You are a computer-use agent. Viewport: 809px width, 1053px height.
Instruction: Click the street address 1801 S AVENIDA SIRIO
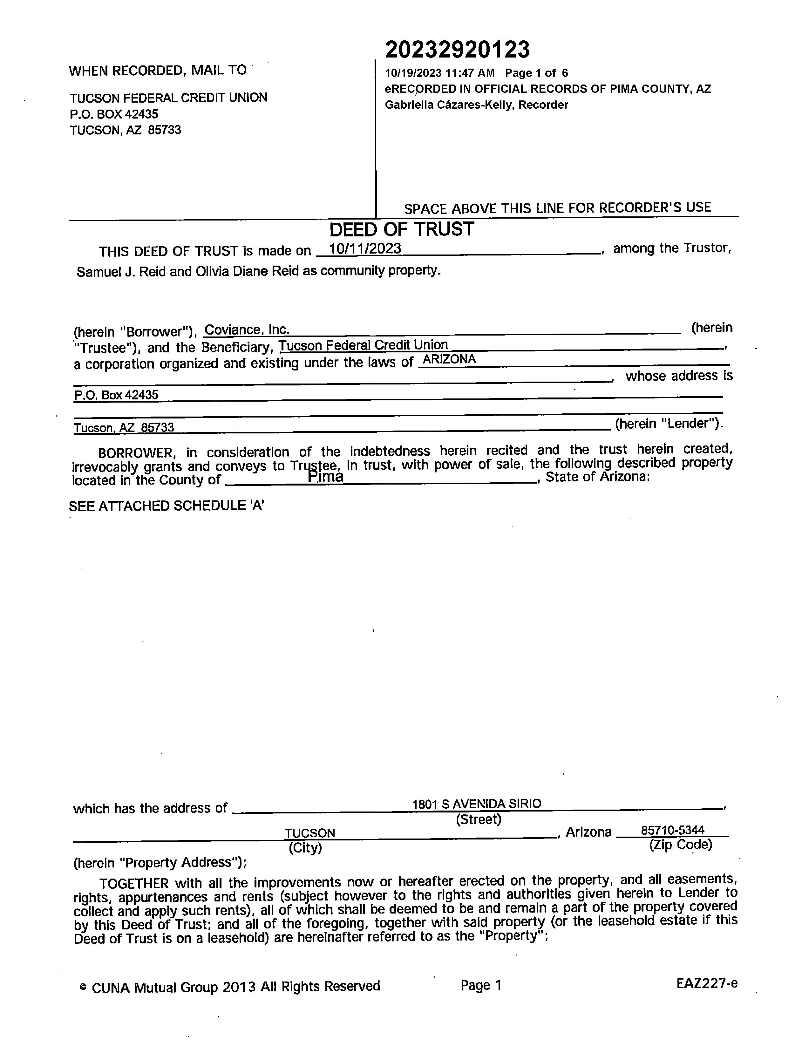476,804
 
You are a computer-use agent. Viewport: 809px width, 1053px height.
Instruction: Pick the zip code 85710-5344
672,830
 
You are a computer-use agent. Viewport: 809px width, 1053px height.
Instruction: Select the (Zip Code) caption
680,844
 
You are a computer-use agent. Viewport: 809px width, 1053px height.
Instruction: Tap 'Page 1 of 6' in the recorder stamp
536,73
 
